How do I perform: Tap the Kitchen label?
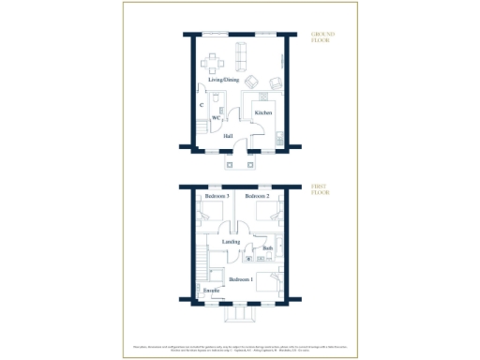point(263,112)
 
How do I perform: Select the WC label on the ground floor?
point(216,118)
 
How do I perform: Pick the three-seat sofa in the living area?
point(240,58)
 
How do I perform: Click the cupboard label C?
point(202,106)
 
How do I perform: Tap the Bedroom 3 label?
point(217,197)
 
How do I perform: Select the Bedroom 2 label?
point(257,197)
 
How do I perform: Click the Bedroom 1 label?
point(241,279)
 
